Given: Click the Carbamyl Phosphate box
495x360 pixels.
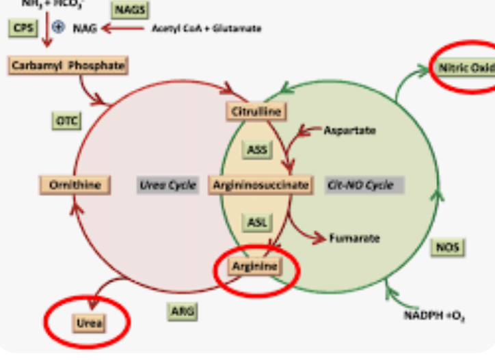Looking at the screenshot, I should tap(68, 66).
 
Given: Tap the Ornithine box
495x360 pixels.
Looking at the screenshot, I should tap(75, 184).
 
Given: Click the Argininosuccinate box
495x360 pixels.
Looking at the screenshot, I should tap(260, 184).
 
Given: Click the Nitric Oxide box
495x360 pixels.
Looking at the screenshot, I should tap(464, 68).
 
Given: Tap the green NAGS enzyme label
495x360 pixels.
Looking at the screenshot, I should tap(130, 10).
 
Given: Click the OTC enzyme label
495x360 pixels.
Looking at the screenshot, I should tap(66, 121).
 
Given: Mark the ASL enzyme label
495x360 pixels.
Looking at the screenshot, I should tap(256, 222).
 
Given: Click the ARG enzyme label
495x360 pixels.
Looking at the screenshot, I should tap(183, 311).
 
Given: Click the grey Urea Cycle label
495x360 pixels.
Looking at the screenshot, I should tap(168, 185).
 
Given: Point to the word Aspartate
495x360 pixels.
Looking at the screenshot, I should tap(349, 130).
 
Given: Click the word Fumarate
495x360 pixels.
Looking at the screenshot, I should tap(354, 238).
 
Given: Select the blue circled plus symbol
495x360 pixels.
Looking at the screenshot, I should tap(58, 28).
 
